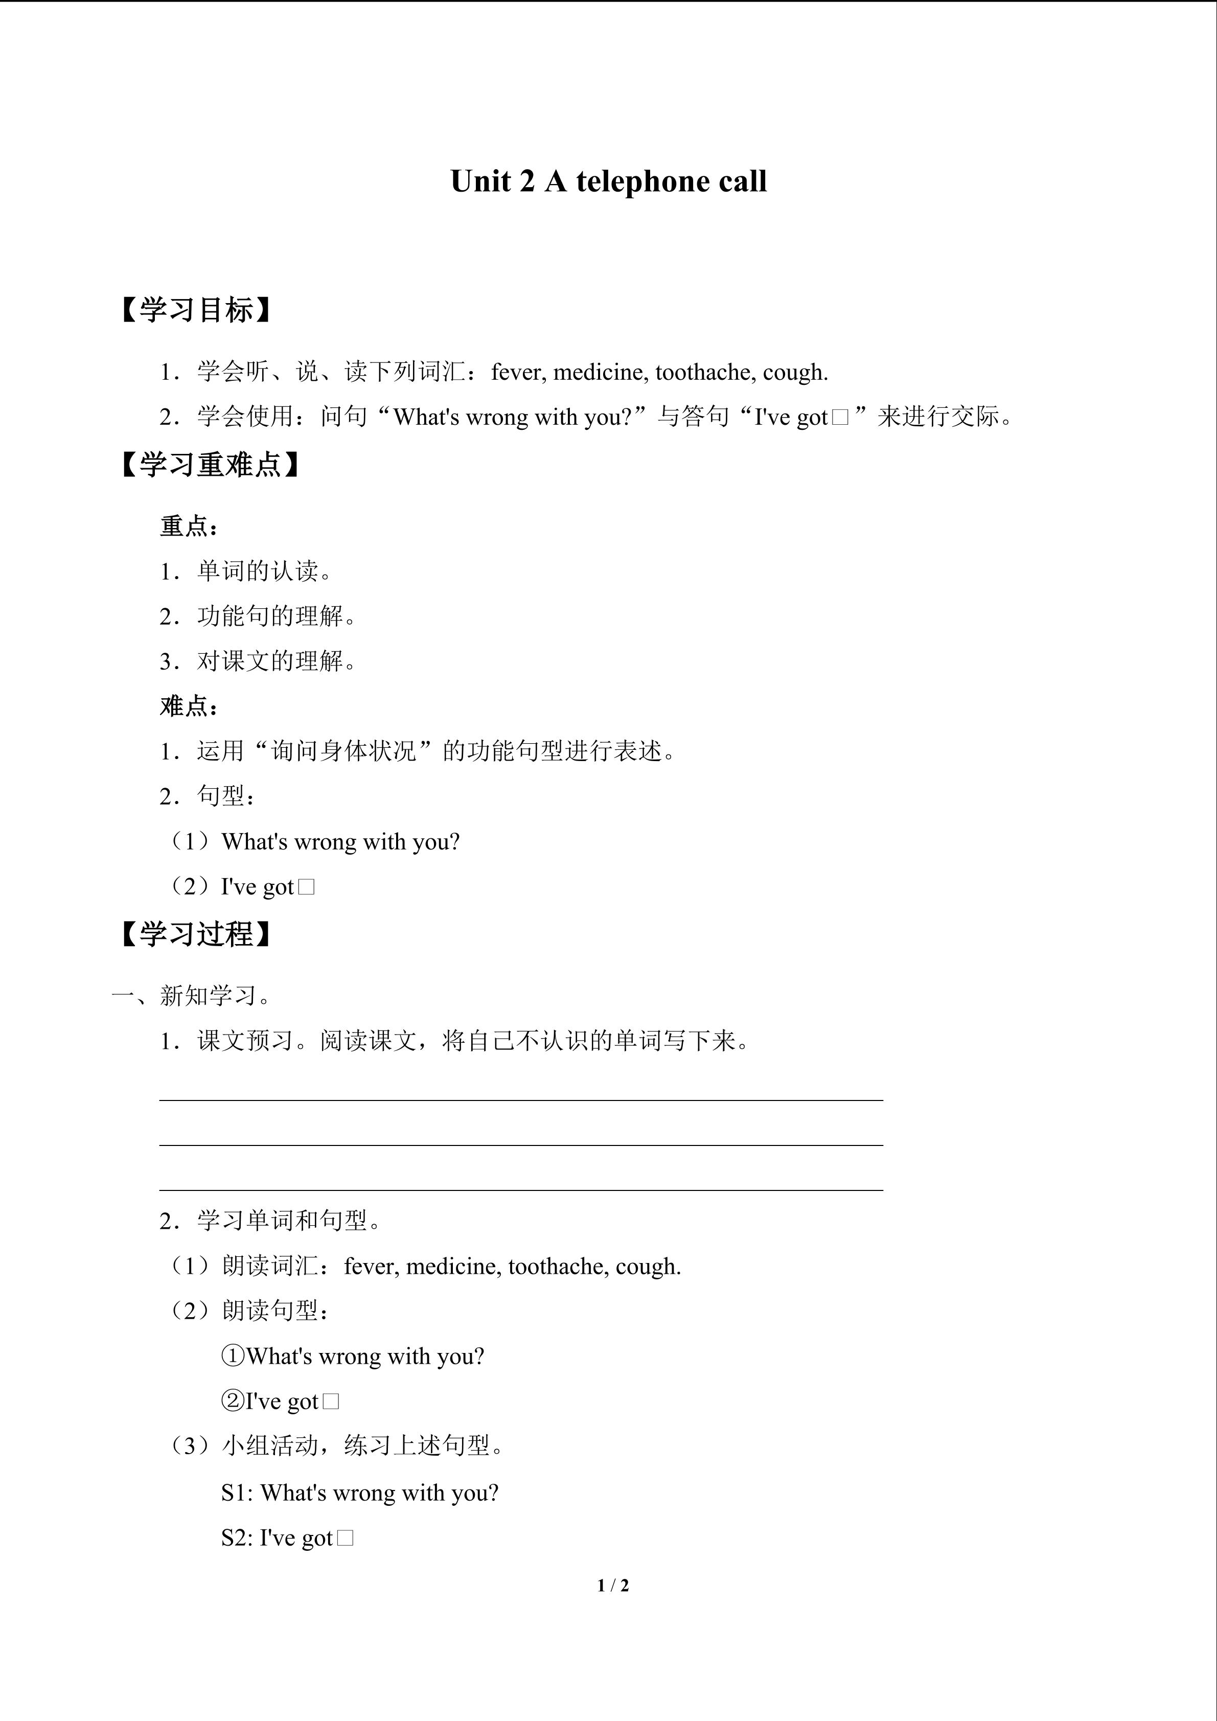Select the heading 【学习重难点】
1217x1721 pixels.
211,465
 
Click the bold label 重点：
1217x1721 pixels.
190,526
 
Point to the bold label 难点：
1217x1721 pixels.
190,705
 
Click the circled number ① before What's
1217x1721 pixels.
233,1356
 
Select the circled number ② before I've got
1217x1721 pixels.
233,1401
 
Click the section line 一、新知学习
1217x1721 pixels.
193,995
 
